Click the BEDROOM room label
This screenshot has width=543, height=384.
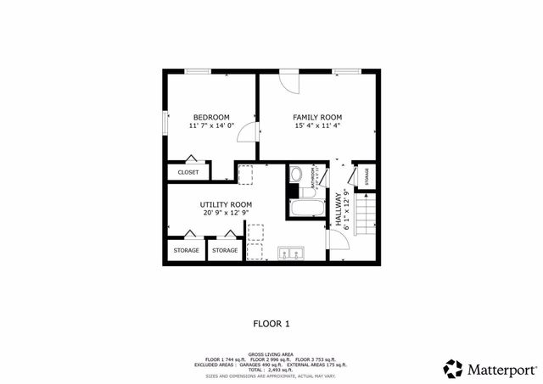(211, 117)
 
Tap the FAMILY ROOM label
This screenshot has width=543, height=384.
(317, 117)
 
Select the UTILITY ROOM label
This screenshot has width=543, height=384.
(226, 204)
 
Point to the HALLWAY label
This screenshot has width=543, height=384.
(338, 209)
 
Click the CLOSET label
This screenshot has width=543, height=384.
(188, 172)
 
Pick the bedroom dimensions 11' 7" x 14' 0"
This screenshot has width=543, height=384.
(211, 126)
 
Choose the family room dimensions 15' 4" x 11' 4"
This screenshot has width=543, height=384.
(317, 126)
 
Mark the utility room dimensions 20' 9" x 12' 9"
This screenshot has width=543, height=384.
(226, 214)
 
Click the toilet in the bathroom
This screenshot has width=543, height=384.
(295, 175)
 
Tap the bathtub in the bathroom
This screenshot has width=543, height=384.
(305, 209)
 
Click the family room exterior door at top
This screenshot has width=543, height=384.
(289, 83)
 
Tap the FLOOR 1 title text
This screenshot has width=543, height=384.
(271, 323)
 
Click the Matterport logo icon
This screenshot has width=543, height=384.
(453, 369)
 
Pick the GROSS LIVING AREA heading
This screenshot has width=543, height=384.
(271, 354)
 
